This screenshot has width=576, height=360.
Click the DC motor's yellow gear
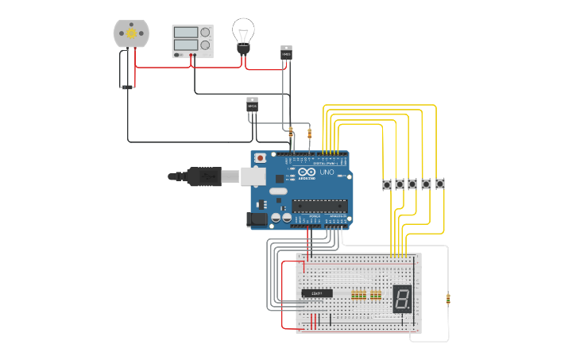point(131,33)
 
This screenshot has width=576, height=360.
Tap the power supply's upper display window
point(185,33)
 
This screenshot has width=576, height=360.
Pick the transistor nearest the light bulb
point(286,53)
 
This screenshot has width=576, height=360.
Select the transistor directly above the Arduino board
point(252,105)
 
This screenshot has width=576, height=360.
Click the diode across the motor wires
point(125,69)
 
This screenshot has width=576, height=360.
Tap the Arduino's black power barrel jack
point(259,218)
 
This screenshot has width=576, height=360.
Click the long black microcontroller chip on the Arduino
point(319,206)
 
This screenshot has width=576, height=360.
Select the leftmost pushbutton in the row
point(387,184)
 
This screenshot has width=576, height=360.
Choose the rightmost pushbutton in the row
point(439,184)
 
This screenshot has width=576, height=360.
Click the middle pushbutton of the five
point(412,184)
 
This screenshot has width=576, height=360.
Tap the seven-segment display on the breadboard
point(401,299)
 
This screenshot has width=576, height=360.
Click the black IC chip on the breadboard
point(317,293)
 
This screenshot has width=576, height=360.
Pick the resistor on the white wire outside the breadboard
point(448,300)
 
